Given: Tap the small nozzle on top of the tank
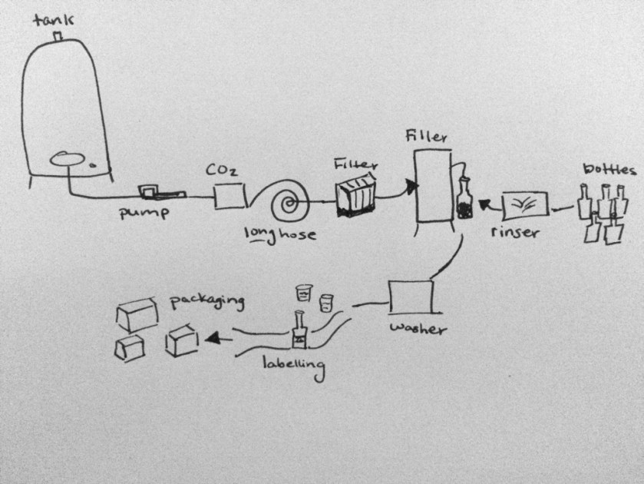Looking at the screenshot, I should click(57, 36).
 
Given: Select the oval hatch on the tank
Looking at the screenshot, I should click(68, 160).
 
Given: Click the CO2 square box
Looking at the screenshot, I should click(229, 197).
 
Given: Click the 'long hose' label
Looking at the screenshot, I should click(279, 233).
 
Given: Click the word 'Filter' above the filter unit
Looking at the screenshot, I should click(354, 164).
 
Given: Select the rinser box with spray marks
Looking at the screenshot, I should click(524, 206).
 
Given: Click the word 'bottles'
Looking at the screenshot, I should click(609, 170).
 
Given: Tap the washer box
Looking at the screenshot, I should click(411, 297).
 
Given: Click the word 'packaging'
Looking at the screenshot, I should click(207, 300).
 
